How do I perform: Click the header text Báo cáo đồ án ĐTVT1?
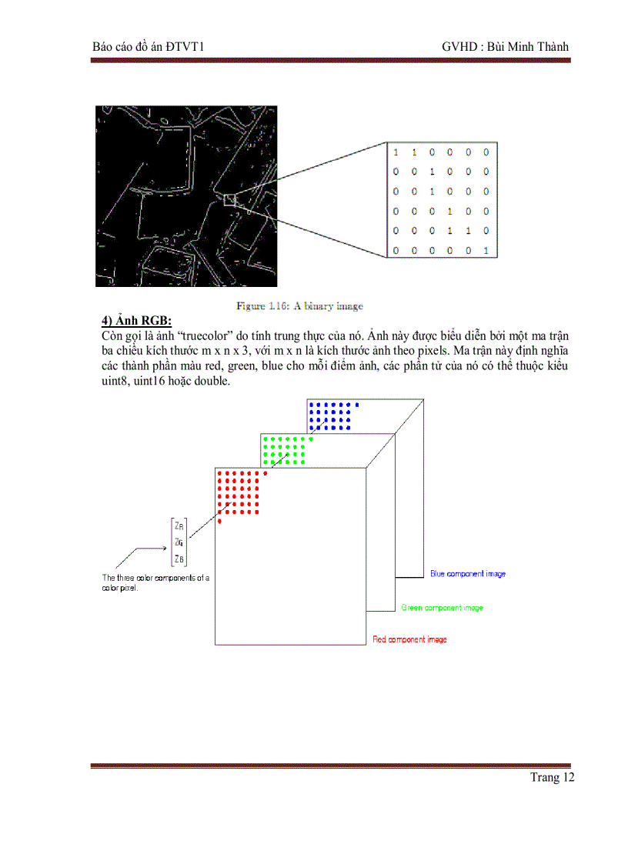click(x=147, y=47)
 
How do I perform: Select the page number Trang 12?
click(x=552, y=777)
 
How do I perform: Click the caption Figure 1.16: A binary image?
click(x=299, y=306)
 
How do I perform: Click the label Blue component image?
click(x=467, y=574)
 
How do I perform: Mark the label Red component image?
click(x=409, y=639)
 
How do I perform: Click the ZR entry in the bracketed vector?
click(x=179, y=527)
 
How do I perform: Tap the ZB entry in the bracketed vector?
click(x=179, y=559)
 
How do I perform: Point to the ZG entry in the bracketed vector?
click(x=179, y=542)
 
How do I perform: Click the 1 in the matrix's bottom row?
click(x=486, y=250)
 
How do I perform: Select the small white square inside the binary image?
click(x=229, y=200)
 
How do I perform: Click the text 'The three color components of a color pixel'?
click(x=155, y=582)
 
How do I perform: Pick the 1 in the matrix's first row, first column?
click(x=396, y=152)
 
